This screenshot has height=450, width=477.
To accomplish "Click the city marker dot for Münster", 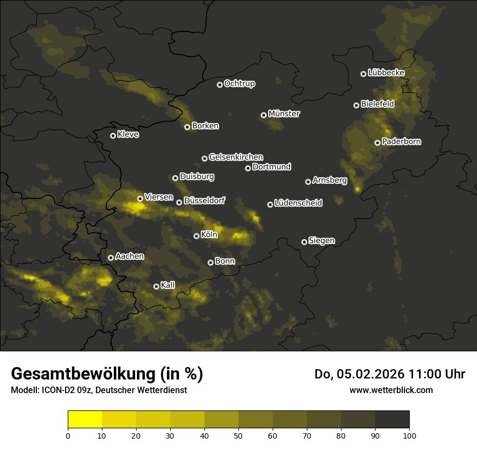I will (x=263, y=115).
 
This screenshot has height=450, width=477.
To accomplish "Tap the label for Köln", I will (x=209, y=235).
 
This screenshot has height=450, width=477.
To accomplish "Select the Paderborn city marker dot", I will (x=377, y=143).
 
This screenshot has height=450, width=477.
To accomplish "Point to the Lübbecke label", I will (x=386, y=73).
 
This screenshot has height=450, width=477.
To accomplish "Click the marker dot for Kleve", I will (x=113, y=136).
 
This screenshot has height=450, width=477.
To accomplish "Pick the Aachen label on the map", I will (x=130, y=256).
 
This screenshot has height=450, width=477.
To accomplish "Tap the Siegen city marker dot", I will (x=304, y=242).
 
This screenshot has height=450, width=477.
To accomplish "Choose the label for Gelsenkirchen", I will (x=236, y=157).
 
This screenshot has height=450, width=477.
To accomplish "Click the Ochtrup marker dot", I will (x=220, y=85).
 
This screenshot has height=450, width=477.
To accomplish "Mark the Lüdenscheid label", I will (x=298, y=203).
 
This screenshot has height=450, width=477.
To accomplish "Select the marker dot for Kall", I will (x=156, y=286).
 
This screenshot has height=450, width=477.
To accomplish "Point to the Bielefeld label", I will (x=377, y=104).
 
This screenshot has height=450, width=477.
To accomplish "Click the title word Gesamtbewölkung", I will (x=80, y=374).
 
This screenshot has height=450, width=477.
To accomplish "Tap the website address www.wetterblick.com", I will (x=391, y=390).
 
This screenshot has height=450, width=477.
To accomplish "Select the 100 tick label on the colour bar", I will (x=409, y=435).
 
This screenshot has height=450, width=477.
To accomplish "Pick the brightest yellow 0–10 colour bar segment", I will (x=85, y=420).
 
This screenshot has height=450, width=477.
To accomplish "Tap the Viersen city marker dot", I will (x=140, y=198).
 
